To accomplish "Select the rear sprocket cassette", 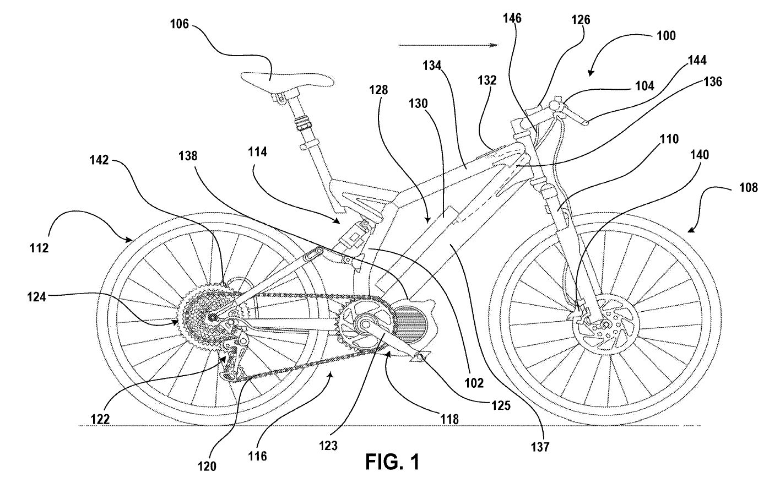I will pyautogui.click(x=201, y=312).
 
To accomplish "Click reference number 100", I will pyautogui.click(x=664, y=36).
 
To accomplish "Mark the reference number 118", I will pyautogui.click(x=450, y=419).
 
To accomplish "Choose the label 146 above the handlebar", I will pyautogui.click(x=512, y=18).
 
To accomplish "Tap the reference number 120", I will pyautogui.click(x=209, y=465).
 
